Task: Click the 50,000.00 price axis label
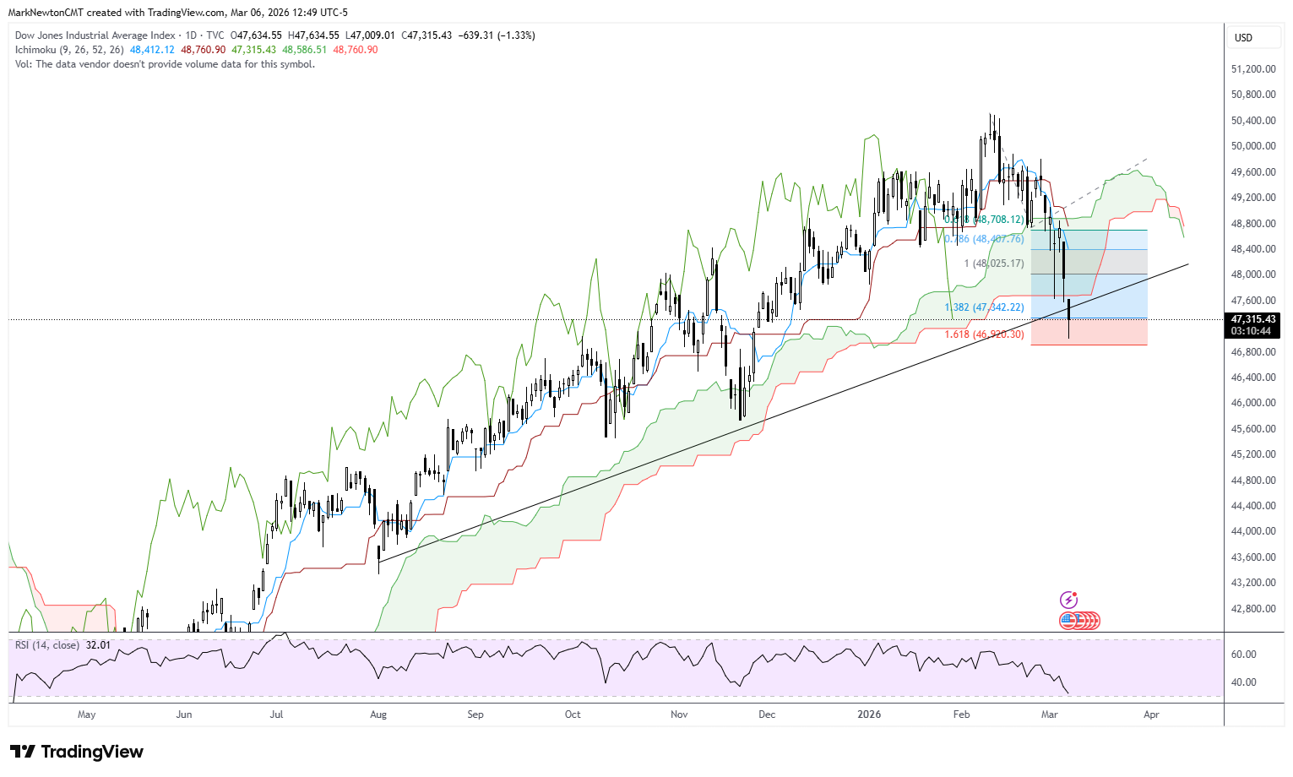click(x=1253, y=146)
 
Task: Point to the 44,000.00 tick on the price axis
click(x=1253, y=531)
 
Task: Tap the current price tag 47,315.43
click(x=1253, y=319)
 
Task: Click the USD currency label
click(x=1243, y=38)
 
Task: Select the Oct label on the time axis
click(x=573, y=715)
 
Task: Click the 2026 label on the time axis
click(x=869, y=715)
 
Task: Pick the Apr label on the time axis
click(x=1151, y=715)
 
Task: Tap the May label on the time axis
click(x=86, y=715)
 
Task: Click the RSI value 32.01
click(x=98, y=645)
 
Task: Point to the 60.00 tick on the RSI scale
click(x=1244, y=655)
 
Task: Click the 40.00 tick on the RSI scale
click(x=1244, y=682)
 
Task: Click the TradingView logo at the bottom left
click(x=77, y=752)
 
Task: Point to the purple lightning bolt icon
click(x=1068, y=600)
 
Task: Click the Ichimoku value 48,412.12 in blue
click(x=152, y=50)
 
